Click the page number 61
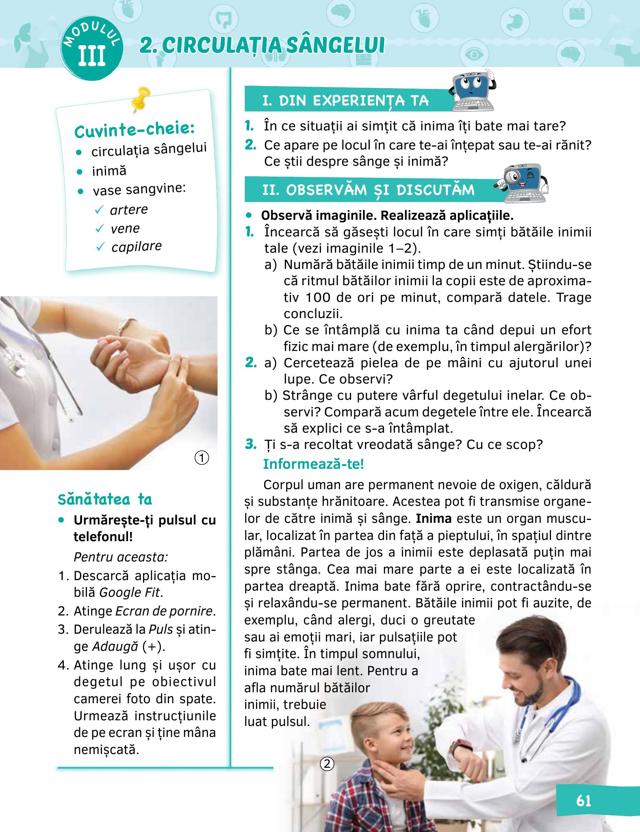pos(583,801)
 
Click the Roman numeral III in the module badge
pos(92,56)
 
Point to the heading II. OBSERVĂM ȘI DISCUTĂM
pos(368,190)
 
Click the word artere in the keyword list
pos(129,210)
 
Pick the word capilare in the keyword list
pos(137,247)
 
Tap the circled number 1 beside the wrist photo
pos(202,458)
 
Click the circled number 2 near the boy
pos(327,764)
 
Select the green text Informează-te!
pos(313,464)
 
